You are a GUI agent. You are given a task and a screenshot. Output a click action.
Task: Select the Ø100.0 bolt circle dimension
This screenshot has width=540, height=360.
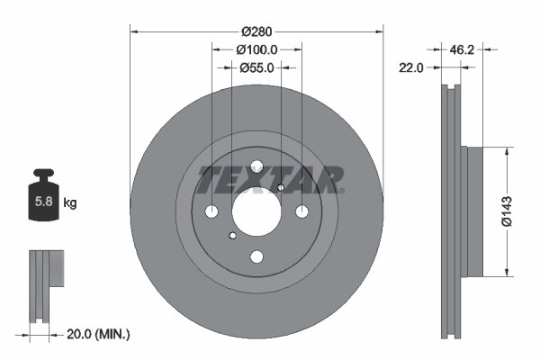coord(256,50)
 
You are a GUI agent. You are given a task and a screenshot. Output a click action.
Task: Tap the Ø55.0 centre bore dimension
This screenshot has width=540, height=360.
coord(256,67)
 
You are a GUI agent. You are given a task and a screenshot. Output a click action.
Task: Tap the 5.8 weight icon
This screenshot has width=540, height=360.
coord(43,200)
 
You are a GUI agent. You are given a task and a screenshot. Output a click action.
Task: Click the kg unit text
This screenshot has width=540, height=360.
coord(70,203)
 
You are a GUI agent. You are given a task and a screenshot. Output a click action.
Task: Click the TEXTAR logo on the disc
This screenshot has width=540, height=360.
coord(270,179)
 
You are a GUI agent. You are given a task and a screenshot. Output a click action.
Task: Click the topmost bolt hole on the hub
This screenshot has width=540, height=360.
coord(256,166)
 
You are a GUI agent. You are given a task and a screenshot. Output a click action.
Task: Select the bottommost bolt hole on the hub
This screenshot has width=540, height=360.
coord(256,257)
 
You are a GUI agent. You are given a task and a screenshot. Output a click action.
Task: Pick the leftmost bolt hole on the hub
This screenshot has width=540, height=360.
coord(212,211)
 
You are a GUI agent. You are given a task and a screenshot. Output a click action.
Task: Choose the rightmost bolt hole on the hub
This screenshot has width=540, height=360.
coord(301,211)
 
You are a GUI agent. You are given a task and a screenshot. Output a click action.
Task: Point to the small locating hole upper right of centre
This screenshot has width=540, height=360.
coord(281,187)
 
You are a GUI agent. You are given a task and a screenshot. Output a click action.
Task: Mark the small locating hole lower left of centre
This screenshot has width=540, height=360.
coord(232,236)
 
